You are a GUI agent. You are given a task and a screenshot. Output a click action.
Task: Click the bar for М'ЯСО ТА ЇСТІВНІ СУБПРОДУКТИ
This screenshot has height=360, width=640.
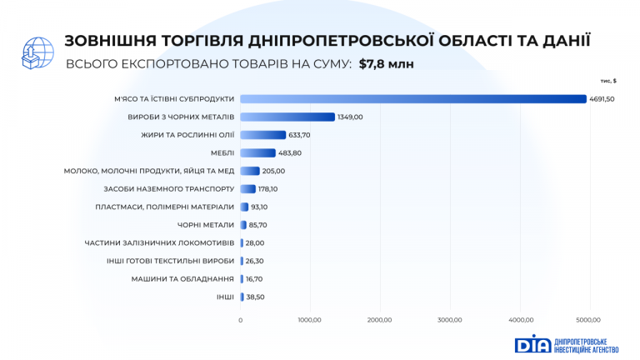[x=412, y=98]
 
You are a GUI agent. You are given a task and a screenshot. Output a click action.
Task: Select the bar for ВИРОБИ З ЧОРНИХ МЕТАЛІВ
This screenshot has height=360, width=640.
[x=287, y=117]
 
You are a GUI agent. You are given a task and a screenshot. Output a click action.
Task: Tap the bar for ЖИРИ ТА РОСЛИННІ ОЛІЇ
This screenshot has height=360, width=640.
[x=262, y=134]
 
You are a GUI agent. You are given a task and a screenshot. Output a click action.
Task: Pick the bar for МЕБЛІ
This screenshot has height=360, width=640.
[x=257, y=152]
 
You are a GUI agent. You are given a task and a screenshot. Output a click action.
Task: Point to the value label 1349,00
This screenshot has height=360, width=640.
[x=350, y=117]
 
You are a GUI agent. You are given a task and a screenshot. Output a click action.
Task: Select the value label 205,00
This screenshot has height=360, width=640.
[x=273, y=171]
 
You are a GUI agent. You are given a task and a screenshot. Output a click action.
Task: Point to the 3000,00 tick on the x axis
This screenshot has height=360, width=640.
[x=450, y=319]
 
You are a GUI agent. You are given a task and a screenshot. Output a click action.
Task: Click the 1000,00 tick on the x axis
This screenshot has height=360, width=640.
[x=310, y=319]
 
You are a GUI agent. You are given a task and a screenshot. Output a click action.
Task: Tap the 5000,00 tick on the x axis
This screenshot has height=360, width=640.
[x=588, y=319]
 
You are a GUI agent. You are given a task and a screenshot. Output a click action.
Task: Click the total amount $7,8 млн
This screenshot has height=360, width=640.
[x=386, y=63]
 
